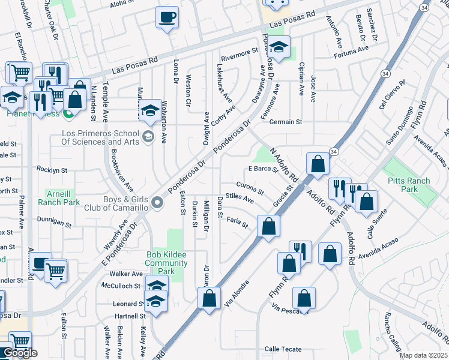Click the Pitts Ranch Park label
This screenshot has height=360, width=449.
point(410,185)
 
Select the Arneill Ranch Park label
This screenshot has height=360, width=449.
point(63,199)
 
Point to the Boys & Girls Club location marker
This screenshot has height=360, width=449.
point(158,203)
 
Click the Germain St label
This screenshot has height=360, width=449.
point(286,122)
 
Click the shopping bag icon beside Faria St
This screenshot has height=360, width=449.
point(268,226)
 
